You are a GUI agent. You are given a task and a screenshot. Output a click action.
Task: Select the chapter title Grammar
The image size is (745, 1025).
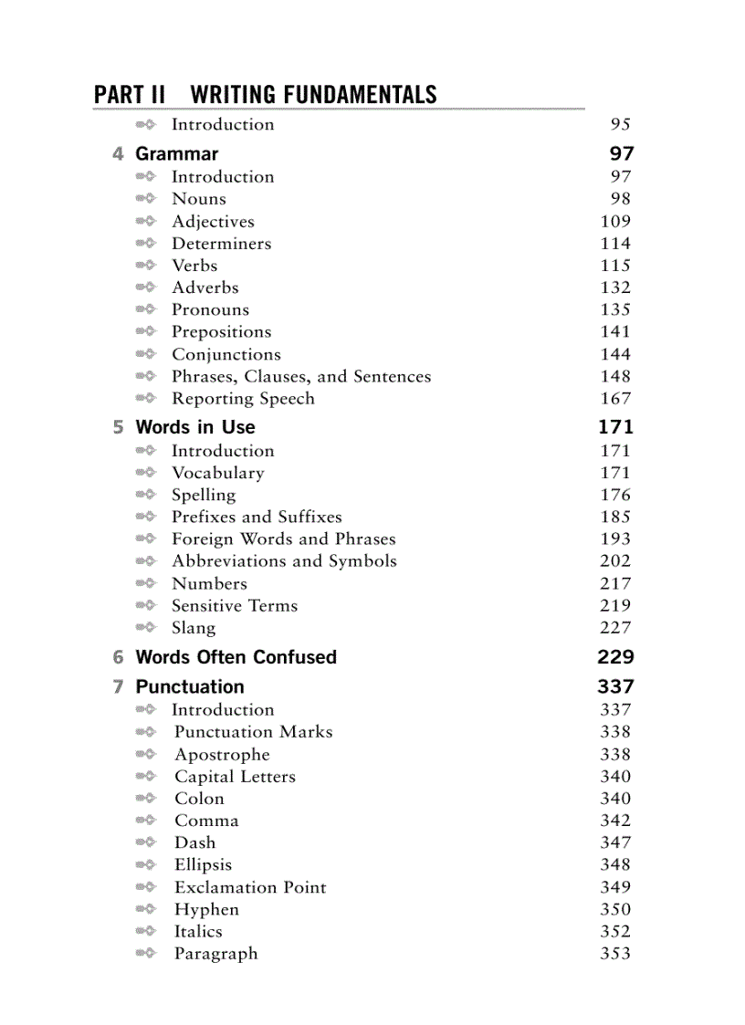[x=176, y=153]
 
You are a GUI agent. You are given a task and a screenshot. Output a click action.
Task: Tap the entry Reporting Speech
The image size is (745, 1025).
[x=243, y=399]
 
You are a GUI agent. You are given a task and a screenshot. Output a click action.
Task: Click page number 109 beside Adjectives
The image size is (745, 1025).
[x=615, y=221]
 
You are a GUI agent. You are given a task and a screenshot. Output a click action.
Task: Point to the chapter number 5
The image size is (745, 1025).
[x=118, y=427]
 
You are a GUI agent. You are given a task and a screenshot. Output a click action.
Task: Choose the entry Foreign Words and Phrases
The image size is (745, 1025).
[x=283, y=539]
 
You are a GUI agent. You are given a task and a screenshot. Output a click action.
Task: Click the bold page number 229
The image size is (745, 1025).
[x=615, y=657]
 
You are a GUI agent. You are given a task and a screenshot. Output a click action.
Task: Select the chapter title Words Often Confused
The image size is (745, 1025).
[x=236, y=657]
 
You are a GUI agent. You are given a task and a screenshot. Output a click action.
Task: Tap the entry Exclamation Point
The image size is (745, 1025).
[x=250, y=887]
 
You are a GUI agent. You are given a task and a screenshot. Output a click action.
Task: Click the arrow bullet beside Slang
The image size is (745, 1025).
[x=146, y=628]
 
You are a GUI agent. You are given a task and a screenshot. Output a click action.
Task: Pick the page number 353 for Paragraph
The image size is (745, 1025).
[x=615, y=954]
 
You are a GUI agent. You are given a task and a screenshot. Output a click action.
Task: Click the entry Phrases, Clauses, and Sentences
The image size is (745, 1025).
[x=301, y=377]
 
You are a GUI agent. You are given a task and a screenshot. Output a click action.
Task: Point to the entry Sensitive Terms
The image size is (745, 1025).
[x=235, y=606]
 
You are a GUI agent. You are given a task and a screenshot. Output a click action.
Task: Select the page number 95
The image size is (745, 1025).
[x=620, y=125]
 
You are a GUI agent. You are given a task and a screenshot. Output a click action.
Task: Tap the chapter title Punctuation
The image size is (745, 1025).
[x=189, y=686]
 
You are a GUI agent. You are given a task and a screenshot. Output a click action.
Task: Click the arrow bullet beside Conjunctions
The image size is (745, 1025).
[x=146, y=354]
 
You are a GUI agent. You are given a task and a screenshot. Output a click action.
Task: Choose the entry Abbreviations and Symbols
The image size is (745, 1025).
[x=284, y=561]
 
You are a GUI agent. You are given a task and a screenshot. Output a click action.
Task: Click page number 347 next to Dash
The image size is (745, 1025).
[x=615, y=843]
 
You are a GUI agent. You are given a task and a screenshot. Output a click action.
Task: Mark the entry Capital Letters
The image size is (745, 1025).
[x=235, y=777]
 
